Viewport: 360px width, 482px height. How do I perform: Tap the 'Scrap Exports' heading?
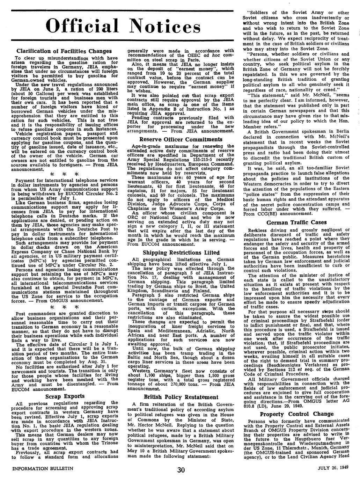tap(65, 396)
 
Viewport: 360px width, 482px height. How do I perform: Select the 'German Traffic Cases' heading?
tap(296, 222)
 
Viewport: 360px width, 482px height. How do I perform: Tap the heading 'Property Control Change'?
tap(296, 414)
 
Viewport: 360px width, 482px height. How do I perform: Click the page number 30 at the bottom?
tap(181, 470)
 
